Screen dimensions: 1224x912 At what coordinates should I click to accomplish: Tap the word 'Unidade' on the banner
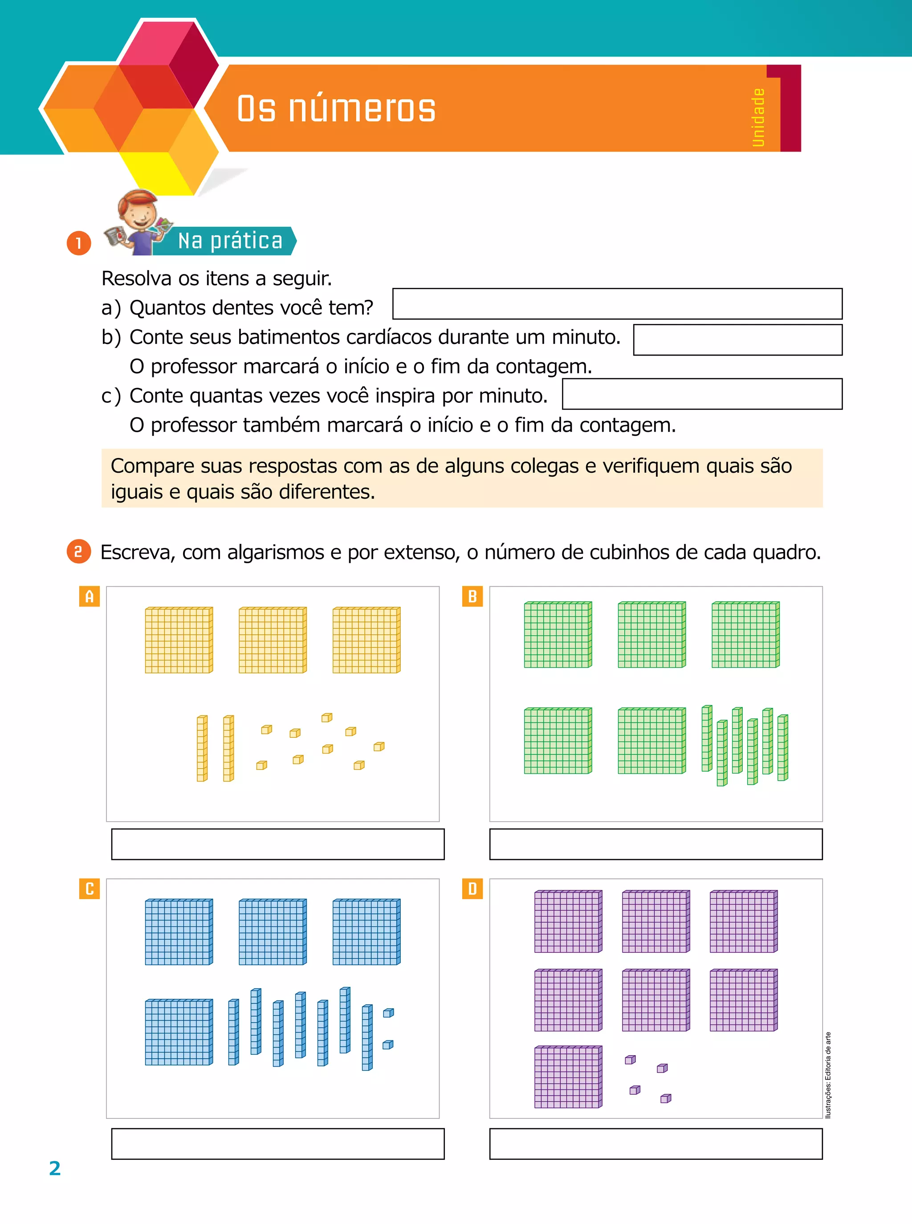pos(758,118)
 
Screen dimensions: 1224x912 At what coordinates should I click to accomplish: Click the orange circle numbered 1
pos(79,243)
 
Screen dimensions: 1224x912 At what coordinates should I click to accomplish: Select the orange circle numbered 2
pos(78,551)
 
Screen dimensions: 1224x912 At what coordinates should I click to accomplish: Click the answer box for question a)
pos(617,304)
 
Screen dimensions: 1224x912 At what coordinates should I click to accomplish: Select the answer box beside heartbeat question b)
pos(737,340)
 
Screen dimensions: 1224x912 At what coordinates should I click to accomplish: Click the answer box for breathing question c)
pos(702,394)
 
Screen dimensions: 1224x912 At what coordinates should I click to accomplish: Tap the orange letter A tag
pos(90,597)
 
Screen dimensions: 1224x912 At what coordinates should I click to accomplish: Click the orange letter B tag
pos(472,597)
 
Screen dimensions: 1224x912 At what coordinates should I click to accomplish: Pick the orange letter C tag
pos(90,889)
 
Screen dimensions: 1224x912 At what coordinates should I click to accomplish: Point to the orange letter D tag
pos(472,889)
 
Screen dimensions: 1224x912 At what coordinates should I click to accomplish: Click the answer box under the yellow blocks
pos(278,844)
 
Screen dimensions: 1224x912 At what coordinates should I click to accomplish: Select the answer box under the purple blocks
pos(656,1143)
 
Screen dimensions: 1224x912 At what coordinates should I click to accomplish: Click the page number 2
pos(55,1168)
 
